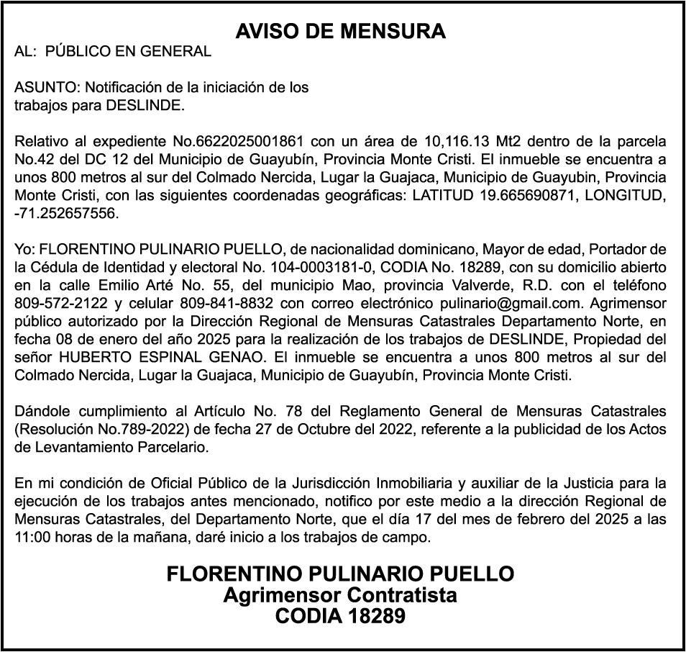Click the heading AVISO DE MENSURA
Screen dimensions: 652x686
coord(341,32)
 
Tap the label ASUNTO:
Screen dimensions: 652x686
coord(47,88)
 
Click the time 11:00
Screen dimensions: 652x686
coord(30,538)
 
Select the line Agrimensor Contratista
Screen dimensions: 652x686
coord(340,596)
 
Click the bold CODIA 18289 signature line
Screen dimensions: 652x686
coord(340,617)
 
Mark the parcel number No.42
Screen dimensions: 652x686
coord(33,159)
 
